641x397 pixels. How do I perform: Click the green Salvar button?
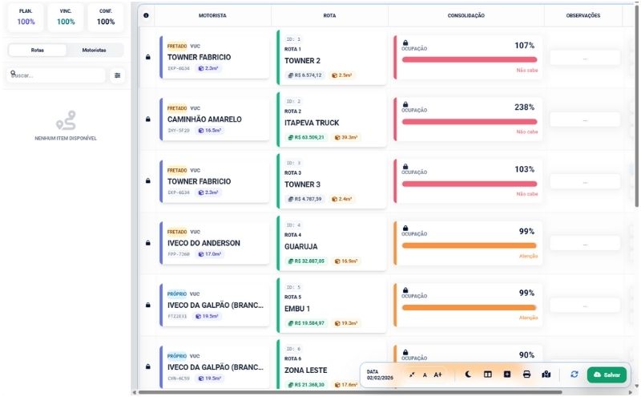(607, 375)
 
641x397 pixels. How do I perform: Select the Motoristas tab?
(94, 50)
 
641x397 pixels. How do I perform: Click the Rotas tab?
(38, 50)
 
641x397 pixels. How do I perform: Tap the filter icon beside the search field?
(118, 75)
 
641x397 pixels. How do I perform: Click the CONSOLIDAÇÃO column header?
(466, 15)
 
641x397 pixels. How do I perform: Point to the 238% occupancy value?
(524, 107)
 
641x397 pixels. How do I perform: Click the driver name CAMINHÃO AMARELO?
(204, 120)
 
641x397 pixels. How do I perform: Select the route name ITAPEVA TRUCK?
(312, 123)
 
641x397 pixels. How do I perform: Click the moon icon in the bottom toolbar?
(468, 375)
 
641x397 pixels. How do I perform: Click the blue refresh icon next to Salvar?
(574, 375)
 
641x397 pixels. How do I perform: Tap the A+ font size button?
(437, 375)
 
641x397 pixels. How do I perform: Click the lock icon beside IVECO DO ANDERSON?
(147, 243)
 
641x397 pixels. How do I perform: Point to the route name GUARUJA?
(301, 247)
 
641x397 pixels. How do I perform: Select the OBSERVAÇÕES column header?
(583, 15)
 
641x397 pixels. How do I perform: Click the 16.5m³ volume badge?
(211, 130)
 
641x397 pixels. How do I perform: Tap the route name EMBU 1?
(297, 309)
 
